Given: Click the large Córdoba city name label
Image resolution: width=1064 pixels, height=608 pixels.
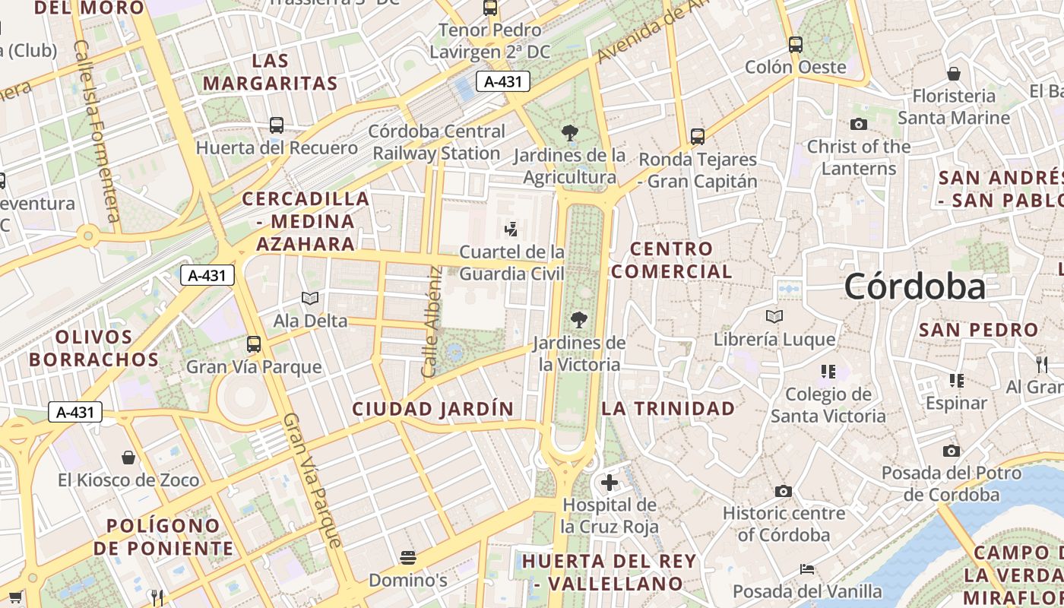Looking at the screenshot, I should point(914,287).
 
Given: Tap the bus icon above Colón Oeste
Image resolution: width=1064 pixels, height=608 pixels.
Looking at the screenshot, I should point(795,45).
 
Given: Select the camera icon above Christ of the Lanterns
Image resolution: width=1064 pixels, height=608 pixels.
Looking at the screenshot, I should point(858,125).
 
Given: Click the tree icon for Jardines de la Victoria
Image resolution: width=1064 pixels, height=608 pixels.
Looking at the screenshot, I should point(579,320).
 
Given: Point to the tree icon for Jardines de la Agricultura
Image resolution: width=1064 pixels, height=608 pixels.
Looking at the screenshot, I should point(569,134).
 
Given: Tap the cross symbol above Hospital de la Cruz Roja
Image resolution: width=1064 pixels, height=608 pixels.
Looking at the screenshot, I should point(609,483).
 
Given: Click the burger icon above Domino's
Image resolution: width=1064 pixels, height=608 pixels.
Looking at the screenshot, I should point(408,558).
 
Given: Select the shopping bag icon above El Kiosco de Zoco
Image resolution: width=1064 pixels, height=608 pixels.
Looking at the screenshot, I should point(128,458).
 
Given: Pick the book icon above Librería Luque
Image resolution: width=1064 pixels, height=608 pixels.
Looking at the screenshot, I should point(774,316).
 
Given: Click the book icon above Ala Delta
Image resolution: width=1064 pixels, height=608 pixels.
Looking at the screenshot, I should point(310,298).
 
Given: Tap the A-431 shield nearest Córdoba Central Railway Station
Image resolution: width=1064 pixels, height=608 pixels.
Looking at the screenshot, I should point(502,81).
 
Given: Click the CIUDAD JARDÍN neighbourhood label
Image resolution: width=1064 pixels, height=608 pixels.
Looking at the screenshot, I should point(432,409).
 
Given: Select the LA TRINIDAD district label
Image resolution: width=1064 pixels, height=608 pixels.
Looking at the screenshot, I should point(668,408).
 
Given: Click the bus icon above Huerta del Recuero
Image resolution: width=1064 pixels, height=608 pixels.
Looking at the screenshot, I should point(277,125).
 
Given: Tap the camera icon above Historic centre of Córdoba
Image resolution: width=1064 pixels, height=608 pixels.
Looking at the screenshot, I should point(784,491).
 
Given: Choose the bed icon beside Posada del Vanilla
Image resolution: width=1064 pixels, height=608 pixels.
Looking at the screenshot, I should point(807,569).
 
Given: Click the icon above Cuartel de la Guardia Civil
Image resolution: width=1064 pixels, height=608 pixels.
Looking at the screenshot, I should point(511,229).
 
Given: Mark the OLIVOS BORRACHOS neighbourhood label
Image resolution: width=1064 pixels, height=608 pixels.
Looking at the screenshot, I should point(94,348).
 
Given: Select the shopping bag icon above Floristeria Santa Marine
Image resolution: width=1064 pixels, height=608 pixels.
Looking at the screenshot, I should point(953,74).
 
